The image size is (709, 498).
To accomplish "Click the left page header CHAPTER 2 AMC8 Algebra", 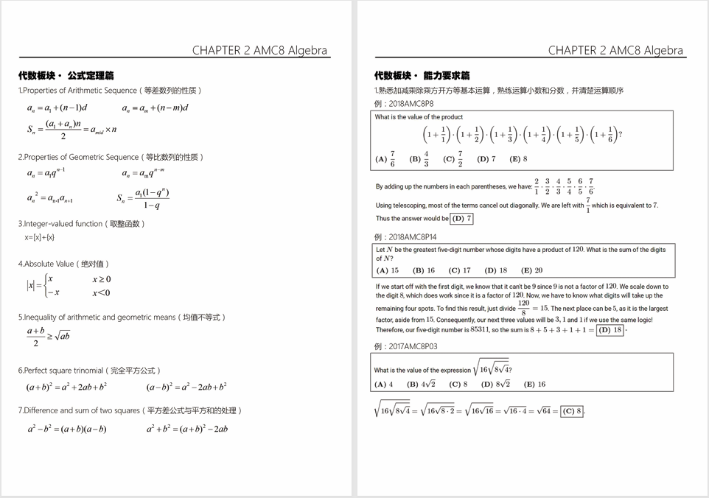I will [260, 51].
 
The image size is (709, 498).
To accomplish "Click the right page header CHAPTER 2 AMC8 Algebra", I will [615, 51].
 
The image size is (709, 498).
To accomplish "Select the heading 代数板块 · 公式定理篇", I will [66, 75].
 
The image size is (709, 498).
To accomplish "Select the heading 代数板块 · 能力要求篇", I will [422, 75].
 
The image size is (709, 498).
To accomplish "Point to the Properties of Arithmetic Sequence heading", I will [110, 91].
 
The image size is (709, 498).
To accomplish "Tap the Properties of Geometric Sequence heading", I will [111, 157].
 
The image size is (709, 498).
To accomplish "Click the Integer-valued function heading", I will [82, 224].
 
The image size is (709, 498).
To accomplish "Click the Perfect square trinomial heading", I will [89, 371].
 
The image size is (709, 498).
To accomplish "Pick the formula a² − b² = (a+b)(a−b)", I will [67, 429].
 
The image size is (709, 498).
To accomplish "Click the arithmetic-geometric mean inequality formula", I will [49, 337].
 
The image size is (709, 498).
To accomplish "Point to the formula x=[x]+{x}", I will [39, 237].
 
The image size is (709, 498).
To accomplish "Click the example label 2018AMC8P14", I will [405, 237].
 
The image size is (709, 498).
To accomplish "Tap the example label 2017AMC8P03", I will [405, 346].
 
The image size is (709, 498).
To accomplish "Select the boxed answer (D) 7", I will [461, 219].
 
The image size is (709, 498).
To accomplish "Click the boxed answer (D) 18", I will [610, 330].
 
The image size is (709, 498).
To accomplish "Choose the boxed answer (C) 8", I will [572, 411].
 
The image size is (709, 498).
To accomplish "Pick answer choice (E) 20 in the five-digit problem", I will [531, 270].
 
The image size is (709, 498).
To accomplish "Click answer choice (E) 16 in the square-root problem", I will [534, 384].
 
